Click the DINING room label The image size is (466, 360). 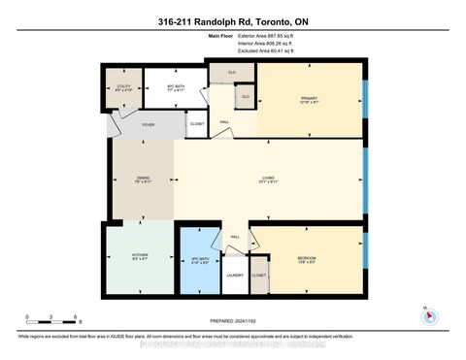point(142,179)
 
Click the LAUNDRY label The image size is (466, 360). point(235,275)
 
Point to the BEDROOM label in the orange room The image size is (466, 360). point(308,257)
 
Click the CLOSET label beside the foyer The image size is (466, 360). point(197,123)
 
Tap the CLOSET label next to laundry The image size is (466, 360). point(258,275)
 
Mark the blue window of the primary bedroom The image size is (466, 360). point(365,97)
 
